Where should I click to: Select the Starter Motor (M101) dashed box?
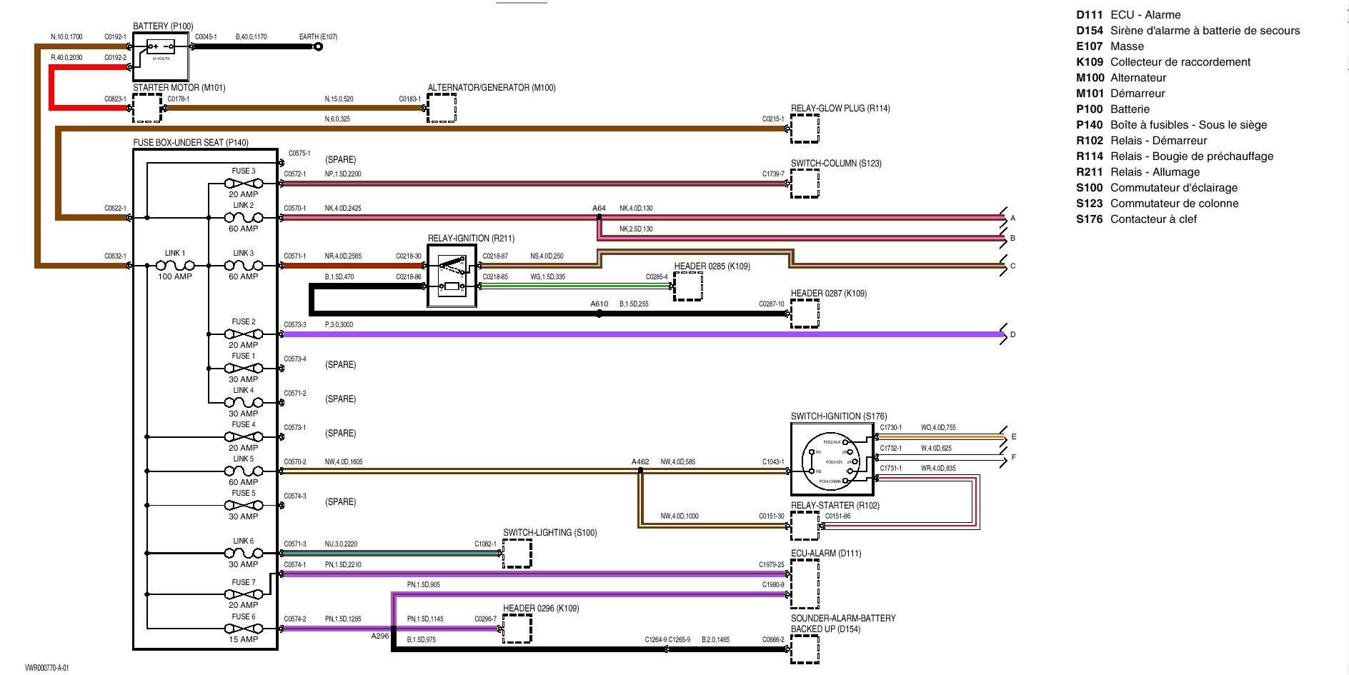pos(147,109)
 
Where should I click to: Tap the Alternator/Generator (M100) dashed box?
pos(442,108)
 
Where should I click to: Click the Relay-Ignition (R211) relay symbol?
pos(452,276)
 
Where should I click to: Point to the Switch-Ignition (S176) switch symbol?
pos(832,459)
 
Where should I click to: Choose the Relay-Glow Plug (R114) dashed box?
pos(805,129)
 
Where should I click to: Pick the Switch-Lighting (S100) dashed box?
pos(517,554)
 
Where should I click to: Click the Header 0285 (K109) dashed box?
pos(688,286)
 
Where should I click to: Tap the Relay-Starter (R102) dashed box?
pos(805,526)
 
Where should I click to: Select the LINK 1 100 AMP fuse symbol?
pos(175,266)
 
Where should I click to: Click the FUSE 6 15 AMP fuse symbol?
pos(244,629)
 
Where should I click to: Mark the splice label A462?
pos(640,461)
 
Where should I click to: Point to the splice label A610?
pos(599,304)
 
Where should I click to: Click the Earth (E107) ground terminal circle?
pos(318,47)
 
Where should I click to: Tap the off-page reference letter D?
pos(1012,334)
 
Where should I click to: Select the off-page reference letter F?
pos(1013,457)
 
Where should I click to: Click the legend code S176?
pos(1089,219)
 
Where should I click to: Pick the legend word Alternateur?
pos(1138,78)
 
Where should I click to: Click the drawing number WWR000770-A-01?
pos(47,668)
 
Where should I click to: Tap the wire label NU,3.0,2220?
pos(341,544)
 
